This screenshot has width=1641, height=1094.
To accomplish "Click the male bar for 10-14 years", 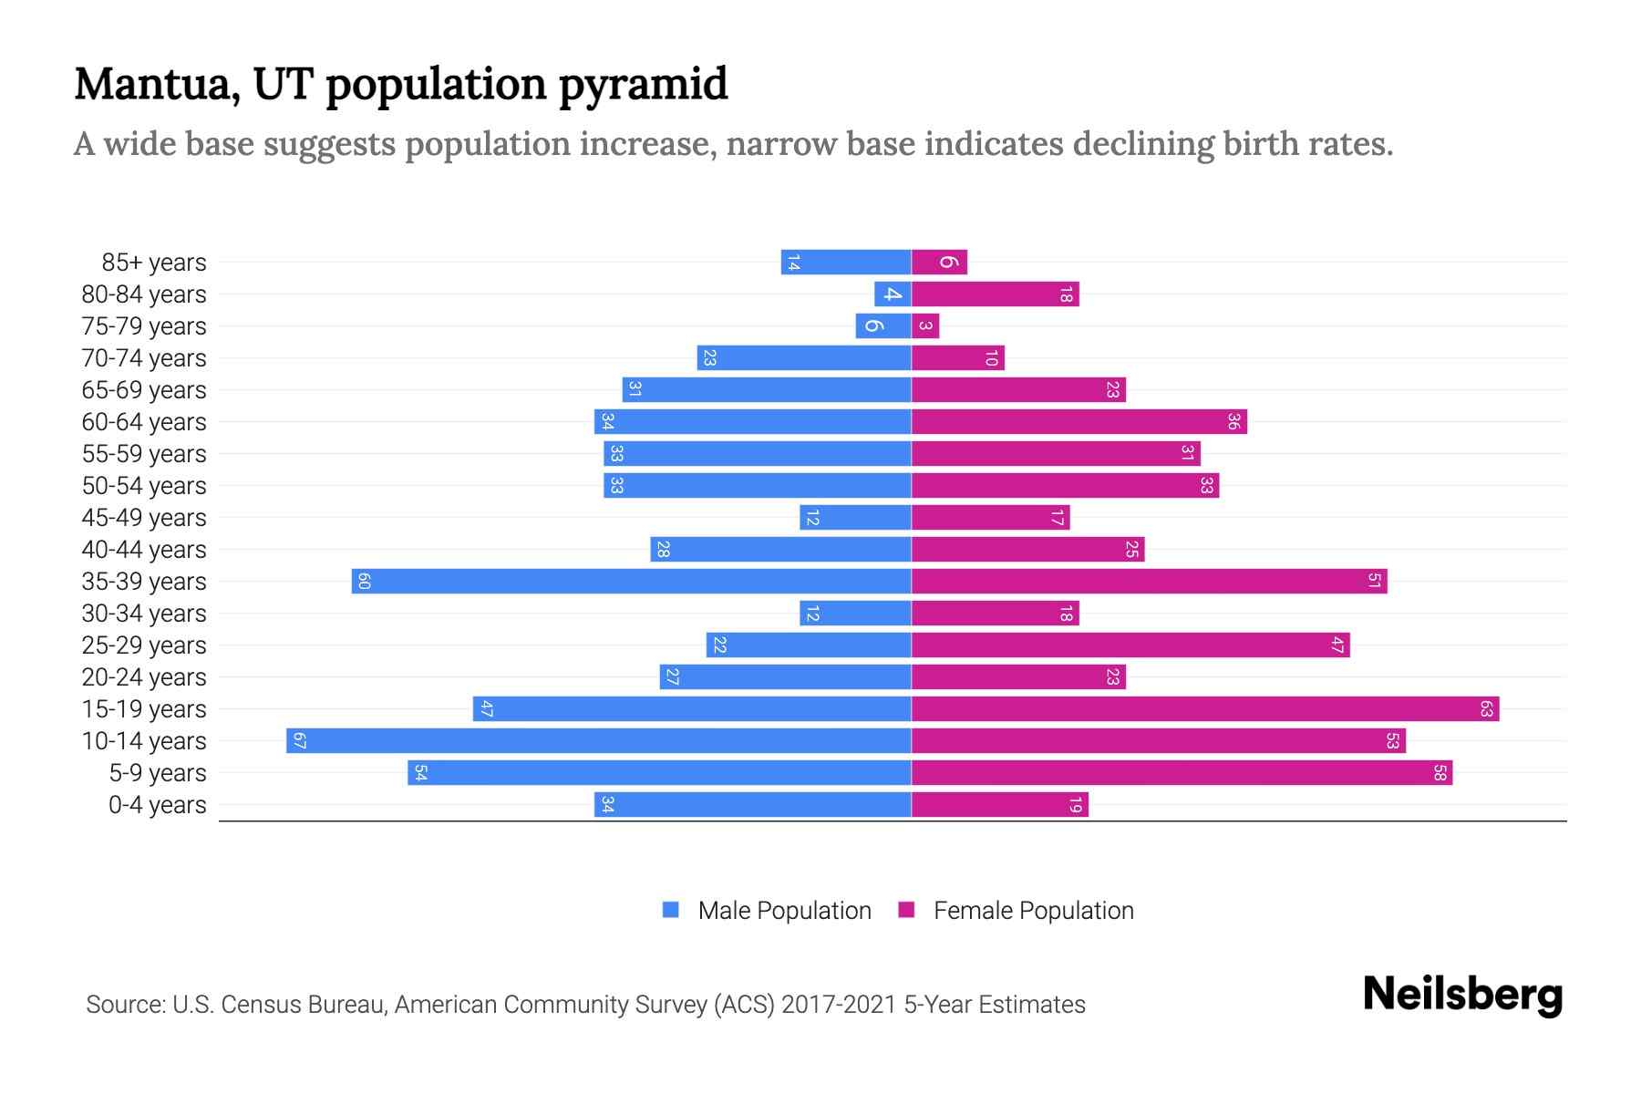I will (x=598, y=740).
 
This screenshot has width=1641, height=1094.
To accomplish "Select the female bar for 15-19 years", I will (x=1205, y=708).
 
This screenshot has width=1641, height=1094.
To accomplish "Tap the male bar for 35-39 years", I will (x=631, y=581).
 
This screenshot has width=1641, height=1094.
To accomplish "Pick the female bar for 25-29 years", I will (x=1130, y=645).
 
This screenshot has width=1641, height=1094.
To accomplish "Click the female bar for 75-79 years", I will (x=925, y=325).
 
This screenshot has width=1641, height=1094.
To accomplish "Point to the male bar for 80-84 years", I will (x=893, y=294).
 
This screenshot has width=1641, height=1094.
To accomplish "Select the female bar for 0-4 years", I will (x=1000, y=804).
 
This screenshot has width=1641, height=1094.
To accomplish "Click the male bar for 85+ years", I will (x=846, y=262).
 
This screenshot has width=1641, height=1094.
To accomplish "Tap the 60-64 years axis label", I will (x=144, y=422).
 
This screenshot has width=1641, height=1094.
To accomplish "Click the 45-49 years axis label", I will (x=144, y=518).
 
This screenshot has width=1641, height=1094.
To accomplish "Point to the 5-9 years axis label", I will (x=158, y=773).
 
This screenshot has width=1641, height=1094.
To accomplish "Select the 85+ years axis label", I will (x=154, y=263).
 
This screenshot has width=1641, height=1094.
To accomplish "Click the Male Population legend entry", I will (x=784, y=910).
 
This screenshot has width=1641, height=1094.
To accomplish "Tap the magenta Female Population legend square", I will (x=906, y=910).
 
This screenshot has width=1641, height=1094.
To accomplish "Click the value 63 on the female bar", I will (x=1486, y=708).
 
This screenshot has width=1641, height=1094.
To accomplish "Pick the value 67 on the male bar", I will (x=299, y=740).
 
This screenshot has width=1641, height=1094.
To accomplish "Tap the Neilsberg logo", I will (x=1462, y=995).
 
